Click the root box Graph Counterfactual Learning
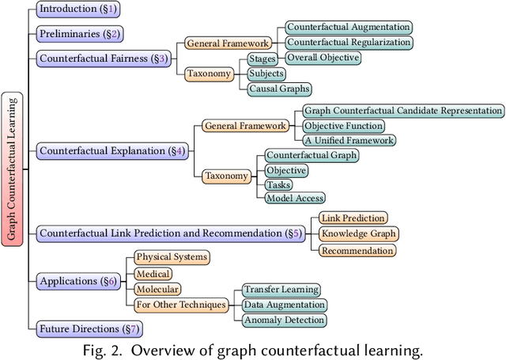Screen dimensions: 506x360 (13, 169)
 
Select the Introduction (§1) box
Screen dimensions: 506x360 (77, 10)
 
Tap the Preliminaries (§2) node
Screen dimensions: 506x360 (79, 34)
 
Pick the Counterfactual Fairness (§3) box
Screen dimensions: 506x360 (103, 58)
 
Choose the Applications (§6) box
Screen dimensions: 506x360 (77, 280)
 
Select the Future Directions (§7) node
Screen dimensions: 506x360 (89, 328)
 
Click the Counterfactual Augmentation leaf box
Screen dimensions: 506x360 (349, 27)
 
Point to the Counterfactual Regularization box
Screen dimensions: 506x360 (349, 42)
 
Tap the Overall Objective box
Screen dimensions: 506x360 (323, 58)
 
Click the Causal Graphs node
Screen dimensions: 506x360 (279, 89)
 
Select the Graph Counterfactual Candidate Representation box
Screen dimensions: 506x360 (403, 111)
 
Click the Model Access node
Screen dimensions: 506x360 (295, 198)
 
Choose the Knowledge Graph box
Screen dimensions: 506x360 (358, 233)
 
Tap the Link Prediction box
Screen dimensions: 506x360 (353, 218)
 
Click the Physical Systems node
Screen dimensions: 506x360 (172, 257)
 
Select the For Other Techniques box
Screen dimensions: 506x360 (180, 305)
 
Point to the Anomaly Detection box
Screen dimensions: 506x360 (284, 320)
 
